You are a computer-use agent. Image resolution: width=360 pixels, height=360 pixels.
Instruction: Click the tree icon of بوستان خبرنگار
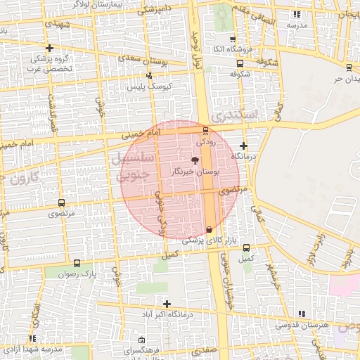[x=195, y=160]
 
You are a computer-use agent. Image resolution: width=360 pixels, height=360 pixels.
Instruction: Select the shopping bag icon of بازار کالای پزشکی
[x=209, y=229]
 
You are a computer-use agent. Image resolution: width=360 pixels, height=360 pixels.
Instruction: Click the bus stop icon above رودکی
[x=205, y=130]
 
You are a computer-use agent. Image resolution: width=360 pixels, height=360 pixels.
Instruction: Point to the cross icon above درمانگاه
[x=243, y=144]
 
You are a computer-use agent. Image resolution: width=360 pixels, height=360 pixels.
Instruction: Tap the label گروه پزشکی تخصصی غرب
[x=49, y=63]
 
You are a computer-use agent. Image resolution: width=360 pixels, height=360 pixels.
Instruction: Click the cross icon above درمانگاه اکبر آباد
[x=167, y=304]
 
